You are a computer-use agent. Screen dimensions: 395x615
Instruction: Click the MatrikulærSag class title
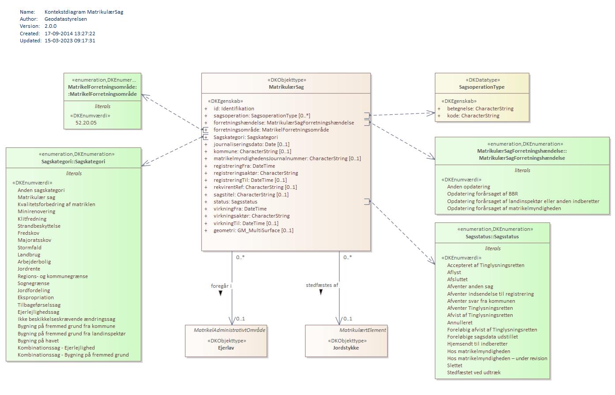286,87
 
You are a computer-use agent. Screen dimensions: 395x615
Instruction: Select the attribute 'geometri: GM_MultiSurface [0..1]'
253,230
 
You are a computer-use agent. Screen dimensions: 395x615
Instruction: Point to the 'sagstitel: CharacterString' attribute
251,195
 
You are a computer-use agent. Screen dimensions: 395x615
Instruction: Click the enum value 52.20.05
86,123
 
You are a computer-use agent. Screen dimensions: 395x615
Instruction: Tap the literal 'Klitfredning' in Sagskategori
32,219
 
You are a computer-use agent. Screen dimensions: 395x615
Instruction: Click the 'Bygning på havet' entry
38,341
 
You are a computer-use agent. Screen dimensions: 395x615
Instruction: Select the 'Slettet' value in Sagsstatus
455,365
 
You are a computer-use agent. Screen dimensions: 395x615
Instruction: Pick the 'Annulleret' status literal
460,323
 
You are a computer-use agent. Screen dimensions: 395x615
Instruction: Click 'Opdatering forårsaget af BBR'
482,194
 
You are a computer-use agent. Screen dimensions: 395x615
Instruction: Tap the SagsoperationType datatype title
482,87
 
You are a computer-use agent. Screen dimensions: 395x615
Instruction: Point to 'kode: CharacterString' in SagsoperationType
473,116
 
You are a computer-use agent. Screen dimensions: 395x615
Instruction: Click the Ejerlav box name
226,348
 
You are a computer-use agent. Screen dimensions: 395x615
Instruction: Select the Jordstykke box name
346,348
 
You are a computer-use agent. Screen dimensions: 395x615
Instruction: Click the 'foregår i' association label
221,286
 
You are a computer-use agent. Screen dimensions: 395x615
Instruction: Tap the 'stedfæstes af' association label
322,285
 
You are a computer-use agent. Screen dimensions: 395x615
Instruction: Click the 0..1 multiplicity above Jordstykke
347,319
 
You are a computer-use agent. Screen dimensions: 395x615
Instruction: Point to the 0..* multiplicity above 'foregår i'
240,257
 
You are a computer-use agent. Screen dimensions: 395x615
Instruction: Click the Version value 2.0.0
50,26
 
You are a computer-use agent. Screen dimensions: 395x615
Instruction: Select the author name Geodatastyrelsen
65,19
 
